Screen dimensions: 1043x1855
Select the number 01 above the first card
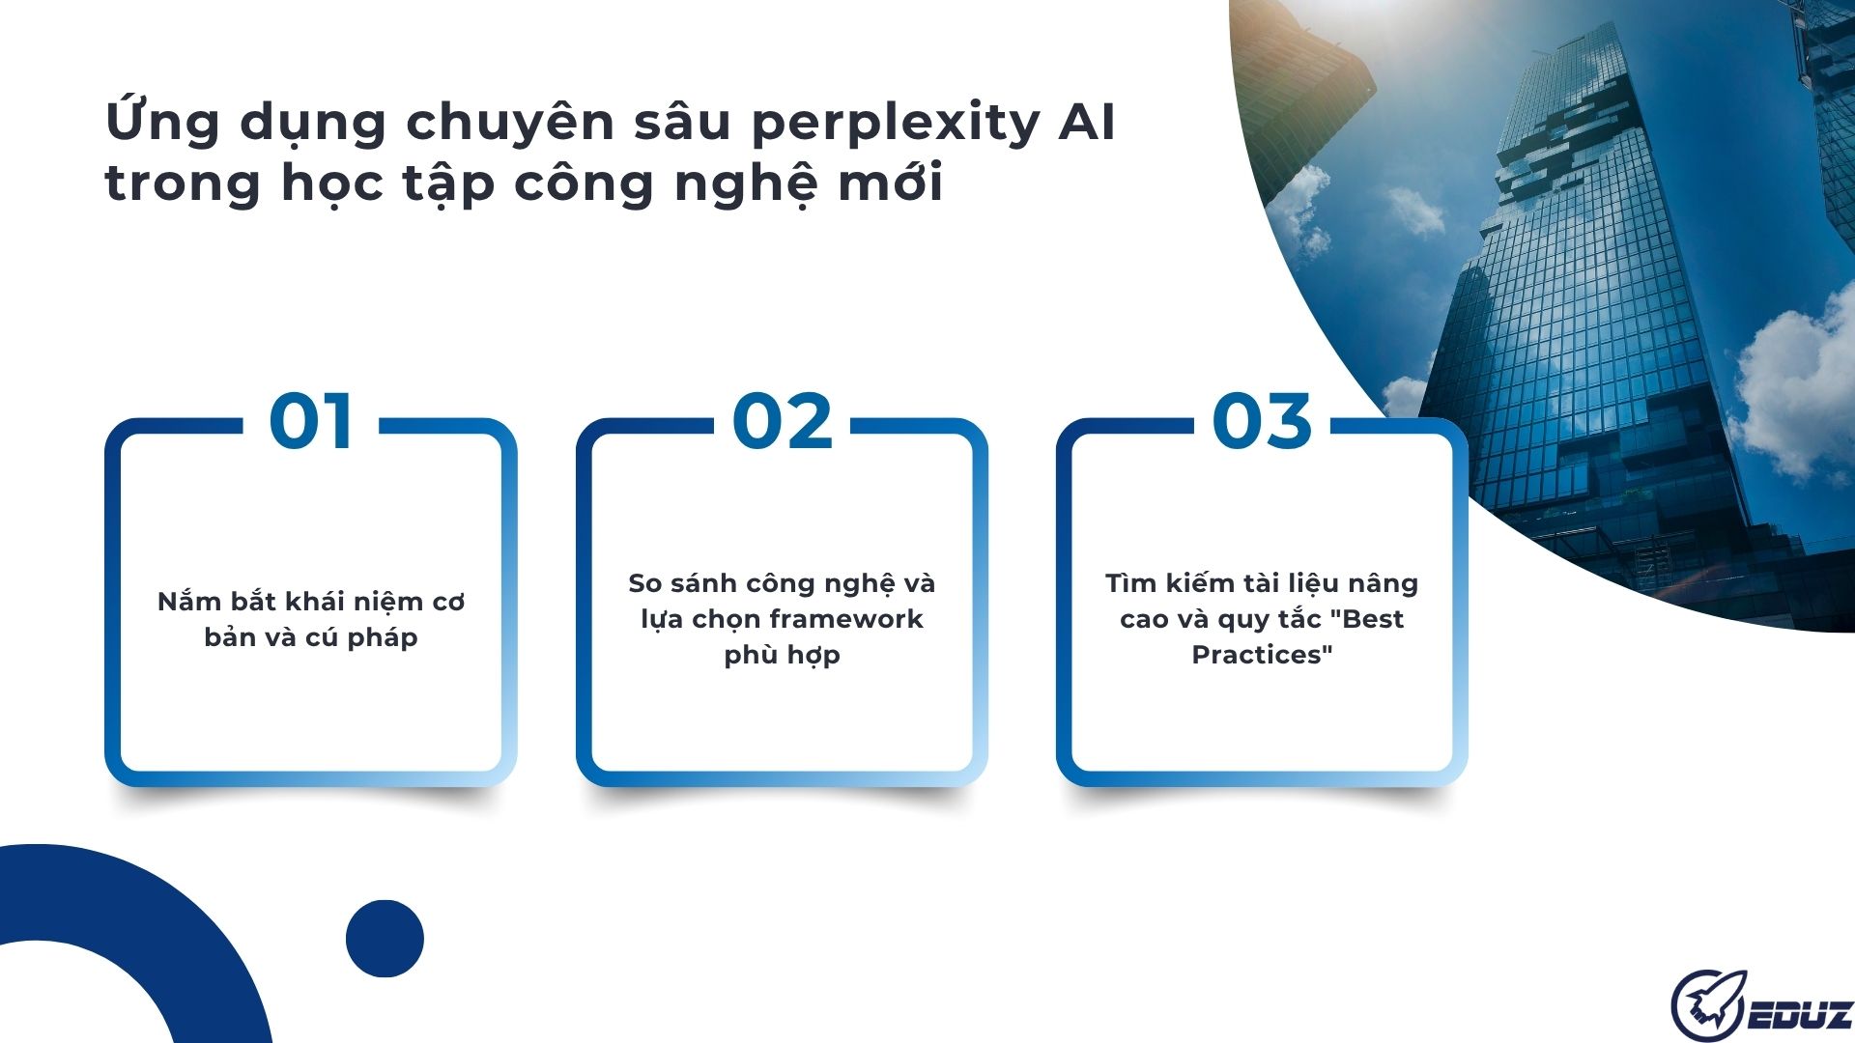click(x=310, y=422)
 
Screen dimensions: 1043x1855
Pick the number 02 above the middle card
click(x=782, y=422)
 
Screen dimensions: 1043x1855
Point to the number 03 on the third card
click(x=1262, y=422)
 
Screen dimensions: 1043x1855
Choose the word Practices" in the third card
click(x=1262, y=655)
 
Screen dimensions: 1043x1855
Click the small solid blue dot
click(x=385, y=939)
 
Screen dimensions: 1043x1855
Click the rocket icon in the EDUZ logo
click(x=1708, y=1006)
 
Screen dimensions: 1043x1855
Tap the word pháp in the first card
click(x=383, y=638)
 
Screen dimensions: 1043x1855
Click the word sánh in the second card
click(x=702, y=583)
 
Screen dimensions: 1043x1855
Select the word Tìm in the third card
click(x=1129, y=583)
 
